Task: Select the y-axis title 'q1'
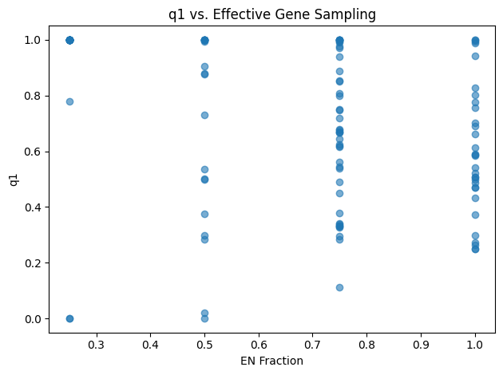[14, 180]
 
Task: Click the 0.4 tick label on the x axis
[150, 343]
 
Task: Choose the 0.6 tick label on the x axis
[259, 343]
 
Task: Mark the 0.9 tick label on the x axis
[421, 343]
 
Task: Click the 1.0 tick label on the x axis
[475, 343]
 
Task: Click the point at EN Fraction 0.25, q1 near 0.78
[69, 101]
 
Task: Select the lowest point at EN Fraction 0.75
[339, 287]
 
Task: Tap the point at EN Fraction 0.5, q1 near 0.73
[204, 115]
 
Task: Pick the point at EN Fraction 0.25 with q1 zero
[69, 318]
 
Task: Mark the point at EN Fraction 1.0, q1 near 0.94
[475, 56]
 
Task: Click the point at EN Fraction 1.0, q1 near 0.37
[475, 215]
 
